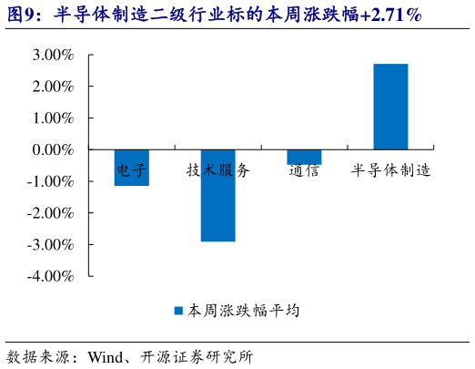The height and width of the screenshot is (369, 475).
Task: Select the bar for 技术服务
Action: pyautogui.click(x=217, y=195)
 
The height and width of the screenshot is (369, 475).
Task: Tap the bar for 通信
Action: pyautogui.click(x=304, y=157)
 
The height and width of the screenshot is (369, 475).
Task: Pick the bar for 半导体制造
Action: pyautogui.click(x=390, y=107)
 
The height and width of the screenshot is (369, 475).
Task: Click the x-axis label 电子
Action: pyautogui.click(x=131, y=169)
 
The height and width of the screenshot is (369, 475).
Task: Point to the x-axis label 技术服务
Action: pyautogui.click(x=217, y=169)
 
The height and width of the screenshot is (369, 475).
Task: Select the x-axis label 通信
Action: pyautogui.click(x=304, y=169)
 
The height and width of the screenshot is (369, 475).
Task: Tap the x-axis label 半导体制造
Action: pyautogui.click(x=390, y=169)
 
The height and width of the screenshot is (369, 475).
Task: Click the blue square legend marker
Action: pyautogui.click(x=179, y=311)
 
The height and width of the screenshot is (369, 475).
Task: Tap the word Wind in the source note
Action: pyautogui.click(x=106, y=356)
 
